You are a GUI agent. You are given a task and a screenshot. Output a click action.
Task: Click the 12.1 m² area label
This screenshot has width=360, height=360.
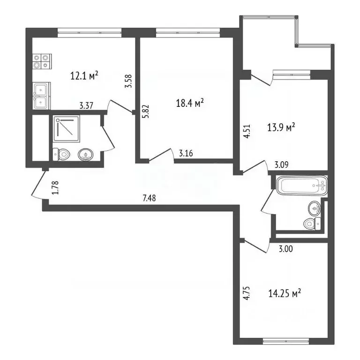pyautogui.click(x=84, y=75)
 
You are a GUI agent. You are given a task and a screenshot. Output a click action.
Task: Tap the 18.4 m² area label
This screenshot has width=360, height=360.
pyautogui.click(x=190, y=103)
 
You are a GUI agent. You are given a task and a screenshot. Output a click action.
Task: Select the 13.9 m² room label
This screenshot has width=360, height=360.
pyautogui.click(x=281, y=127)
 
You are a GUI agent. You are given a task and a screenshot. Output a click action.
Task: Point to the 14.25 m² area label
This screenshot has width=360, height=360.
pyautogui.click(x=285, y=293)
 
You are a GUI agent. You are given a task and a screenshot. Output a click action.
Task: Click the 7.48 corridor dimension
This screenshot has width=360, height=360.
pyautogui.click(x=149, y=198)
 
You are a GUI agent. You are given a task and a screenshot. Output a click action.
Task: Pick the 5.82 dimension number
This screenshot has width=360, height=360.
pyautogui.click(x=146, y=112)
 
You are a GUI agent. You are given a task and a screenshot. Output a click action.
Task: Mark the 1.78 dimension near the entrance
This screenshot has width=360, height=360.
pyautogui.click(x=55, y=188)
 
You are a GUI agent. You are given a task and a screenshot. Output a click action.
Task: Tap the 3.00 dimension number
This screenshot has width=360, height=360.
pyautogui.click(x=285, y=249)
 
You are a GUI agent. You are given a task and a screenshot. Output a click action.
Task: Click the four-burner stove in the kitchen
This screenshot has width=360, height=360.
pyautogui.click(x=42, y=61)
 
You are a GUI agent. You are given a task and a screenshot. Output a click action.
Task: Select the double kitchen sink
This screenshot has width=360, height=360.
pyautogui.click(x=41, y=96)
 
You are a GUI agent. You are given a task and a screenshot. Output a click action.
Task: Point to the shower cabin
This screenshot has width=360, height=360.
pyautogui.click(x=67, y=129)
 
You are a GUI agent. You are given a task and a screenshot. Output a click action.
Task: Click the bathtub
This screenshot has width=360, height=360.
pyautogui.click(x=302, y=186)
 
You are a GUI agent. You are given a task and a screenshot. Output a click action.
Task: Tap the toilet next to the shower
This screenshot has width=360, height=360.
pyautogui.click(x=61, y=154)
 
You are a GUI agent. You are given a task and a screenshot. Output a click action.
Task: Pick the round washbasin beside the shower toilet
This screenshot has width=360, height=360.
pyautogui.click(x=86, y=155)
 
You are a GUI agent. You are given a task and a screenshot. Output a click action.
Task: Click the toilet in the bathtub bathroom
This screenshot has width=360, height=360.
pyautogui.click(x=312, y=223)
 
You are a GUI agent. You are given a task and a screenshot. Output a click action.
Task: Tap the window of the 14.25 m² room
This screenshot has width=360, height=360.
pyautogui.click(x=285, y=342)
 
